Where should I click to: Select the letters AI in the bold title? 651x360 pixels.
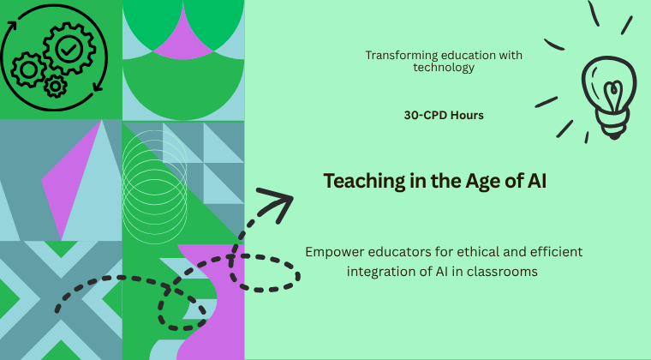tap(537, 181)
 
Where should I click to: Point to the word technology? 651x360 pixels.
tap(444, 67)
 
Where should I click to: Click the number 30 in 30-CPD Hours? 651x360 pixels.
tap(411, 115)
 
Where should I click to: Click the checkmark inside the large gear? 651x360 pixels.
tap(69, 50)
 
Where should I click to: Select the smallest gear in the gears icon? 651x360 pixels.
tap(55, 87)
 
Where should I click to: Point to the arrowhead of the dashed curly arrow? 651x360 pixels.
tap(279, 201)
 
